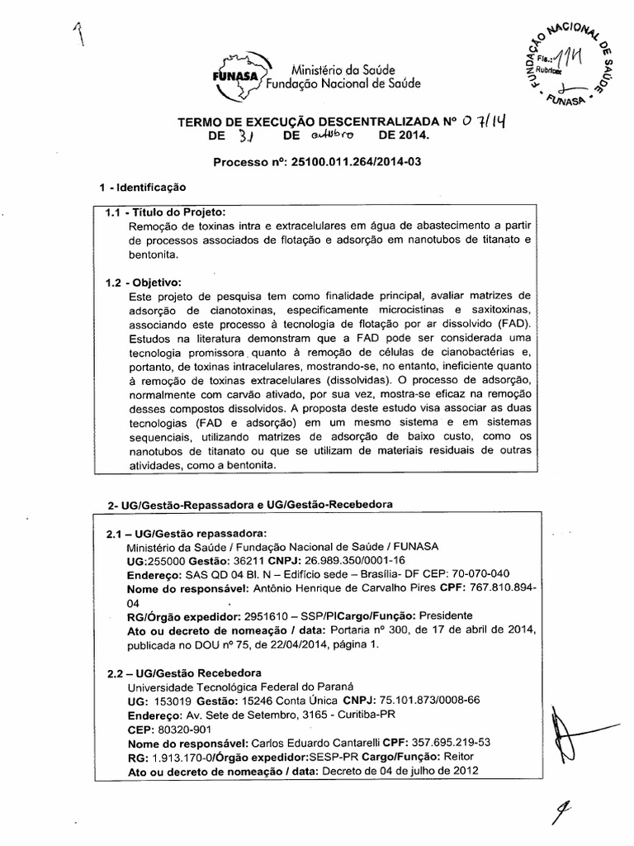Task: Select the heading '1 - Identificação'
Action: tap(142, 188)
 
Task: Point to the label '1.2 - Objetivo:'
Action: tap(143, 282)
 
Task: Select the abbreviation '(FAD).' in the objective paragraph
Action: tap(512, 325)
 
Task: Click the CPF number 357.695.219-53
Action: tap(447, 743)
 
